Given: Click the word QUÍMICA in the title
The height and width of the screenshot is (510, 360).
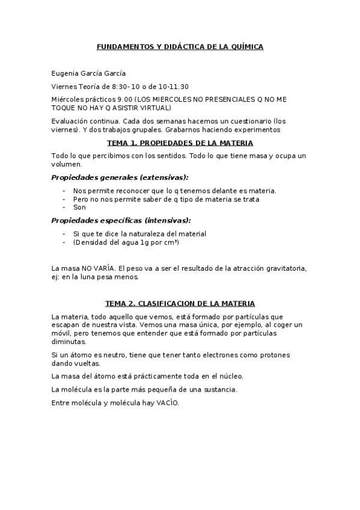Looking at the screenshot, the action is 246,46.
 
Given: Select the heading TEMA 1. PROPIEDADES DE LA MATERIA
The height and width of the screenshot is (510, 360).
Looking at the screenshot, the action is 180,143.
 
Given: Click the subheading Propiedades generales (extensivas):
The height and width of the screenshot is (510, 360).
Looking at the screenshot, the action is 120,177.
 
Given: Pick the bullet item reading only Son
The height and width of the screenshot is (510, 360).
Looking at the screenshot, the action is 79,207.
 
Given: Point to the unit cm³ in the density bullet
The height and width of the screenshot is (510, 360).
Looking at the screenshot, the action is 171,242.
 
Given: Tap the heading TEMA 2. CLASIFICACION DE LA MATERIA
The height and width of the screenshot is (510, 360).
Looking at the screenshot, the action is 180,303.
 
